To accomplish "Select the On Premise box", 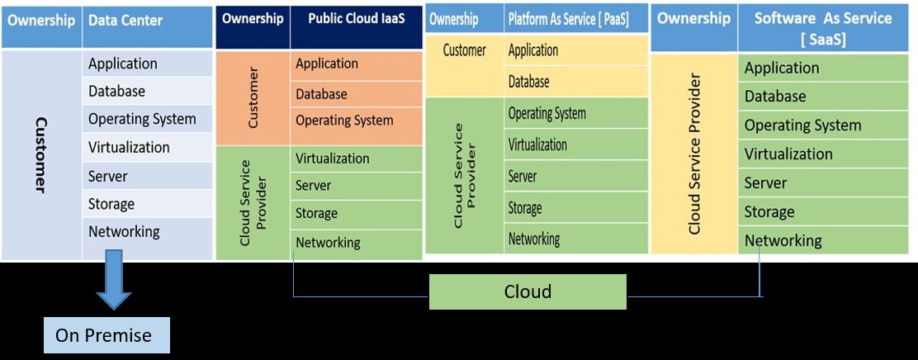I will [104, 335].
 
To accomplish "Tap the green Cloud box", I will [528, 291].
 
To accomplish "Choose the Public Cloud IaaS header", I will [357, 19].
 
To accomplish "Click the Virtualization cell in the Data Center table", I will [129, 147].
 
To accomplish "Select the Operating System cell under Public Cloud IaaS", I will [344, 121].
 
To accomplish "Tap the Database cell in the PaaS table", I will [529, 82].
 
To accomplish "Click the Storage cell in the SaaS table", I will [769, 212].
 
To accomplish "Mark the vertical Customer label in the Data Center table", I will [40, 154].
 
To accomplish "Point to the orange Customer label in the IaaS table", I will [253, 98].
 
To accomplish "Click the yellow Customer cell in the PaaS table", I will [464, 50].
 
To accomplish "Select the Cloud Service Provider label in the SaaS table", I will [694, 154].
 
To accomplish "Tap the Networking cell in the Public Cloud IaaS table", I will [328, 243].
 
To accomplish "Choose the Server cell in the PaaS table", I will [523, 176].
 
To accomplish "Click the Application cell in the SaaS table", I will [782, 68].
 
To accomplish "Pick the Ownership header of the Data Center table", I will [41, 20].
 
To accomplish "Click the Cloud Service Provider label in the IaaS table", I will [253, 203].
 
